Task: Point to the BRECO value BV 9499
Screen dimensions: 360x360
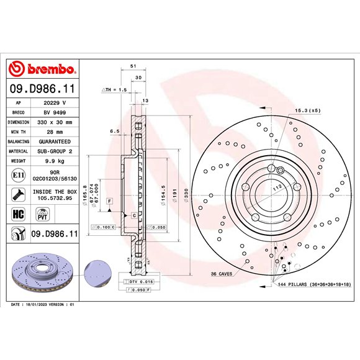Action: (x=54, y=113)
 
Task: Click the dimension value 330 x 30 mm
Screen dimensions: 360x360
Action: (x=54, y=122)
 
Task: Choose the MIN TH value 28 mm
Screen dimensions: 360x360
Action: (x=54, y=132)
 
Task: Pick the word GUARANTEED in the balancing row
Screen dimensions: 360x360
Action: (x=54, y=142)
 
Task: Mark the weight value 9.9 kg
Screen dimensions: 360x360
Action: (x=54, y=161)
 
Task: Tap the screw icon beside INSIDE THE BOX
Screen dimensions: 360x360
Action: (x=18, y=195)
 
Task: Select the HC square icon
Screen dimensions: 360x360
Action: (x=18, y=215)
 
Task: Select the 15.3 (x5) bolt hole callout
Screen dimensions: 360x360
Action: (x=307, y=110)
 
